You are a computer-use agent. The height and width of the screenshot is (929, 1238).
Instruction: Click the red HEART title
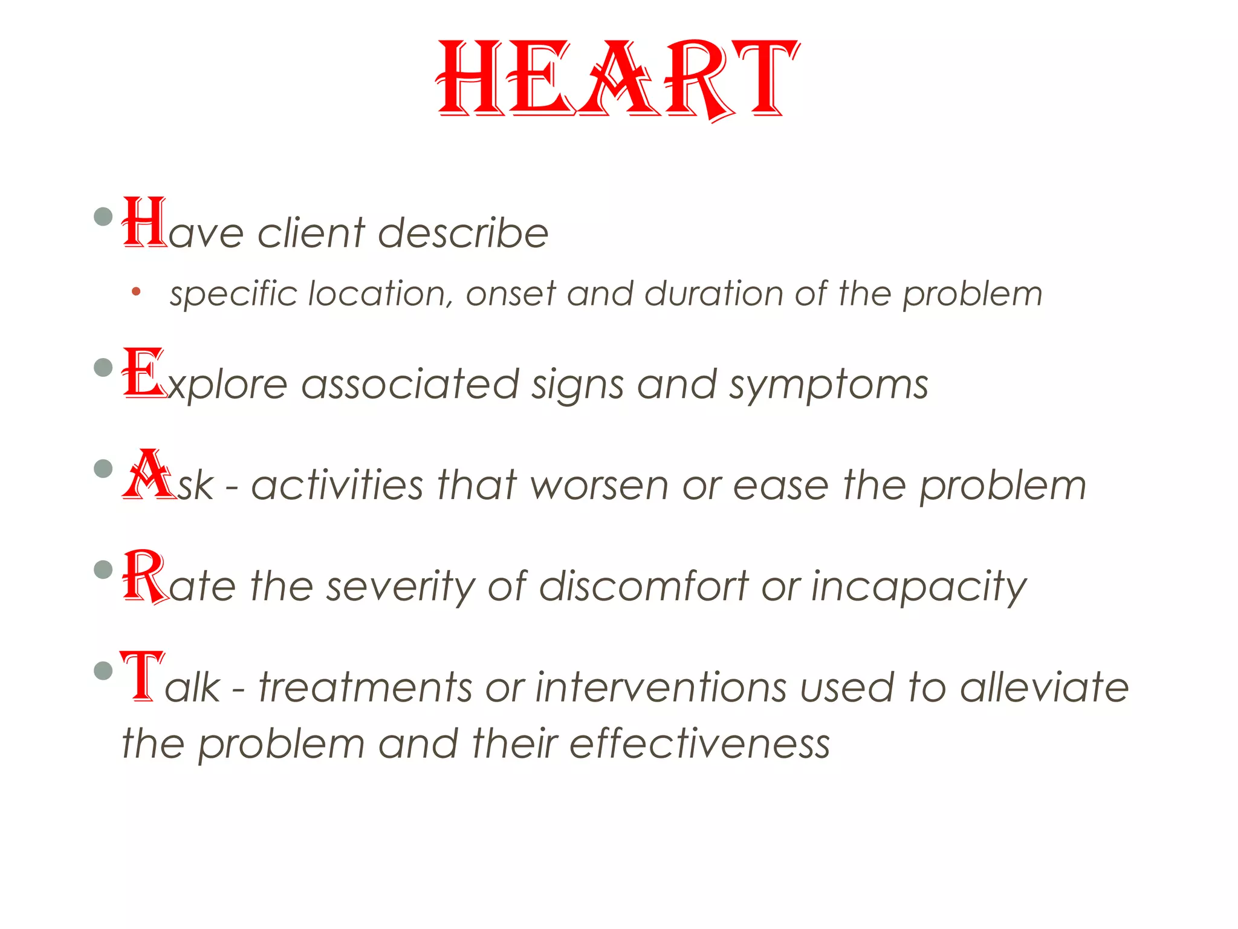(618, 79)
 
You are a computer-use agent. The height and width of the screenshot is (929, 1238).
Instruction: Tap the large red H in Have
(144, 222)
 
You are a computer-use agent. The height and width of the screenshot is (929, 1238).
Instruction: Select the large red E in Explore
(143, 373)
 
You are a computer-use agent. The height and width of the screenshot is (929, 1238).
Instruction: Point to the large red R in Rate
(145, 576)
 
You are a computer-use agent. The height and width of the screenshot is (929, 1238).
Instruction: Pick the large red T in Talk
(142, 676)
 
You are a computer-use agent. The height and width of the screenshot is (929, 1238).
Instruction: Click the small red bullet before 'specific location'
(136, 292)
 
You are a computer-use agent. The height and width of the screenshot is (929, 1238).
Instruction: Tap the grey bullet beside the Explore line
(104, 367)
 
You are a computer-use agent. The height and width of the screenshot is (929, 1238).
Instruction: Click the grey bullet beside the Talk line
(104, 670)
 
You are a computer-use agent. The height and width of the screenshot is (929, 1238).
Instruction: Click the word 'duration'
(713, 294)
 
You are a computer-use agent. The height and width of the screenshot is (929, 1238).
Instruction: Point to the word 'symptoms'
(828, 385)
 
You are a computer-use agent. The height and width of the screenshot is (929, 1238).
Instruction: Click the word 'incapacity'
(918, 587)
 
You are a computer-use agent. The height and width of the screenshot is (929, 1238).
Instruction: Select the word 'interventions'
(661, 688)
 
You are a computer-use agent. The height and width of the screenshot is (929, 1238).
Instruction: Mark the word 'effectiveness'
(699, 744)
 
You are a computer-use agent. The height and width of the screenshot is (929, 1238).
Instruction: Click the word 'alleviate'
(1044, 688)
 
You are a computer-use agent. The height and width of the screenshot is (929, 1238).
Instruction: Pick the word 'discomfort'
(644, 587)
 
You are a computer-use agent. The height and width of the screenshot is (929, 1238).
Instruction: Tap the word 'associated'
(410, 385)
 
